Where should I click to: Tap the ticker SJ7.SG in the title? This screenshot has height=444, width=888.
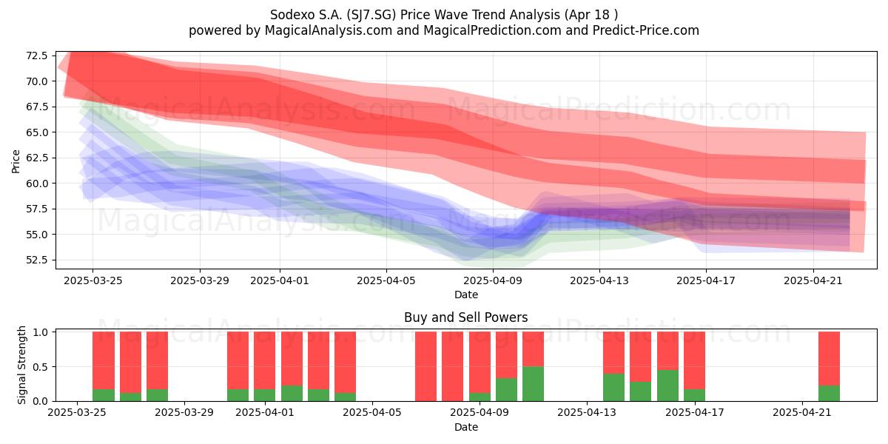pos(371,15)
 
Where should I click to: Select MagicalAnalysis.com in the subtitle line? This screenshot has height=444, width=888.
pos(329,30)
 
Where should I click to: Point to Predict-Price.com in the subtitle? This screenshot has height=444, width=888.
pos(646,30)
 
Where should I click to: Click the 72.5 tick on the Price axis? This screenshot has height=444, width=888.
pos(36,55)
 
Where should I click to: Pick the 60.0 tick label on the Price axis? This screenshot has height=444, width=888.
pos(36,184)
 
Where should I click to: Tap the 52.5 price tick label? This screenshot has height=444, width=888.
pos(36,260)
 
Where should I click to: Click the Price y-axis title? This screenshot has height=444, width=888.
pos(16,161)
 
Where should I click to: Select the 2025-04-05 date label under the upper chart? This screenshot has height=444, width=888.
pos(386,280)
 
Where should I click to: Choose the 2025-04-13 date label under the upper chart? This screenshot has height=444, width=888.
pos(599,280)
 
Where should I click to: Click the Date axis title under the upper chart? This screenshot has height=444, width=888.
pos(466,295)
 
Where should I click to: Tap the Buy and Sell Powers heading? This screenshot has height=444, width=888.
pos(465,317)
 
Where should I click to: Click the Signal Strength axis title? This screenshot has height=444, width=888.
pos(21,365)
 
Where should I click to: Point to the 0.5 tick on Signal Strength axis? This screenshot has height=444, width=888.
pos(40,367)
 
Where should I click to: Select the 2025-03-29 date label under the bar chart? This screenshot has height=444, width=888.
pos(184,413)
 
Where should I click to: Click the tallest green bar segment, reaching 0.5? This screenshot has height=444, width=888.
pos(534,384)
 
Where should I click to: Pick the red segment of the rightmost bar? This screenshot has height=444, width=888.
pos(829,358)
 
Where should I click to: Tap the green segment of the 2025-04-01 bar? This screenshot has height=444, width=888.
pos(264,395)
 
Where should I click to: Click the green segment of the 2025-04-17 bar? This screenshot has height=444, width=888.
pos(694,395)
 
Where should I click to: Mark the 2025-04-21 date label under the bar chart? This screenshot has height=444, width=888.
pos(802,413)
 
